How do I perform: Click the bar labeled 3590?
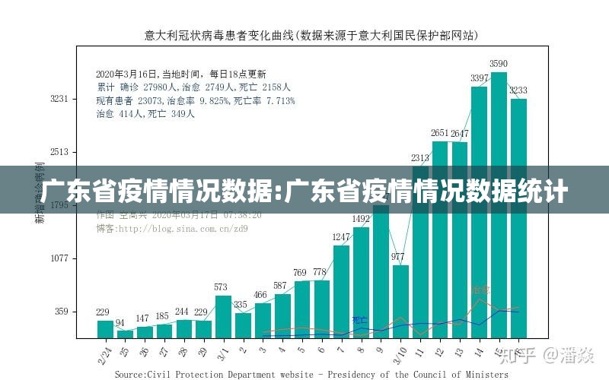(x=499, y=205)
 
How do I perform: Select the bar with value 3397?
(x=479, y=212)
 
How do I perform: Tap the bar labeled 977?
(x=400, y=301)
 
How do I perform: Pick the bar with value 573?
(x=222, y=316)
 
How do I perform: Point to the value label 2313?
(x=420, y=158)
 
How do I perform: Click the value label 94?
(x=120, y=323)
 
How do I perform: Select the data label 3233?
(x=518, y=90)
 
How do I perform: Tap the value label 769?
(x=301, y=273)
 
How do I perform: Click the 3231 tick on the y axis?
(x=59, y=99)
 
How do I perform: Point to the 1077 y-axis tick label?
(x=59, y=258)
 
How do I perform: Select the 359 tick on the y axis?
(x=62, y=312)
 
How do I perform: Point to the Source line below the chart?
(x=311, y=374)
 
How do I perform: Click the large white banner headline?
(x=304, y=191)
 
